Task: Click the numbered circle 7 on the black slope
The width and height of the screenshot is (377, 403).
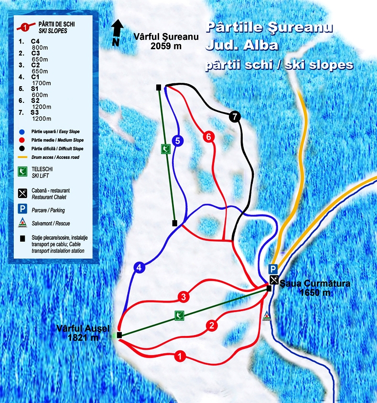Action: coord(234,116)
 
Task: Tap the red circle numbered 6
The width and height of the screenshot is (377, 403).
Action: coord(208,137)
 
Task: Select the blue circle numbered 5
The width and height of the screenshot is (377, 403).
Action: coord(177,141)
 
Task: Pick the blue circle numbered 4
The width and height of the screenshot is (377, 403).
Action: coord(139,268)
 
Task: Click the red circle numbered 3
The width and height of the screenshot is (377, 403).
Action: coord(183,297)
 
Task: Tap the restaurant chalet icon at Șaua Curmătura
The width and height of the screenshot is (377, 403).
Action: coord(273,280)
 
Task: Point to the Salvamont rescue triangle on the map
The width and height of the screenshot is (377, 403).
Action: coord(267,315)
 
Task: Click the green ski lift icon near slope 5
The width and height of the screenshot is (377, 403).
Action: coord(165,149)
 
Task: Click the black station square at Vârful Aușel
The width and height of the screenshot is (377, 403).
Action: coord(119,335)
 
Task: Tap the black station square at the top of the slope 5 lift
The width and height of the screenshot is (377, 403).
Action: coord(158,87)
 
